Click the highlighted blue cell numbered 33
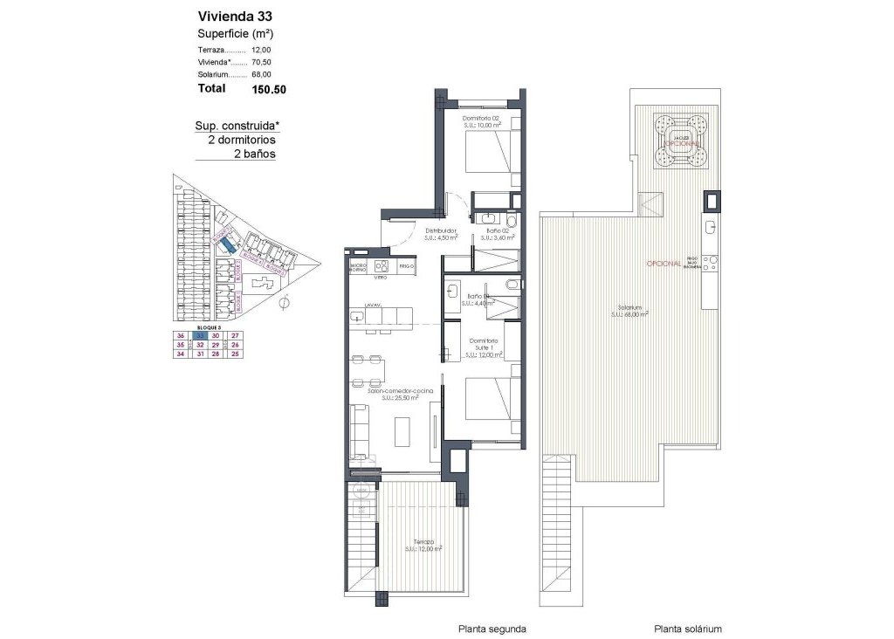[x=200, y=335]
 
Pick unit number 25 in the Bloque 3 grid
[x=234, y=354]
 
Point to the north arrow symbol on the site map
[x=285, y=302]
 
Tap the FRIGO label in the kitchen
[x=405, y=265]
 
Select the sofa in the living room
[x=360, y=433]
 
